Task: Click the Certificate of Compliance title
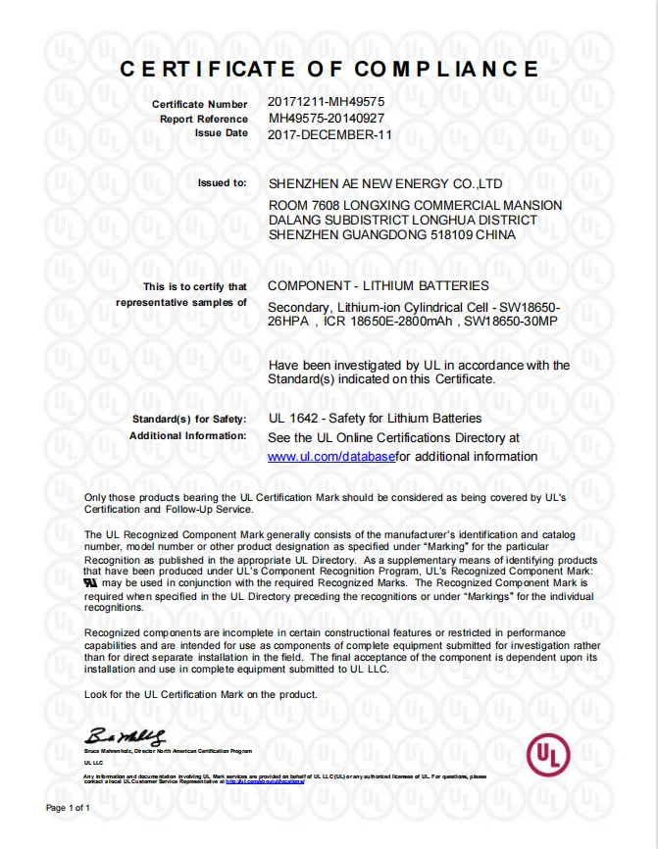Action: pos(329,69)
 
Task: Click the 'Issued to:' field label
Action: pos(223,182)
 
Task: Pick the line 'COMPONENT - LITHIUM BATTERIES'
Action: pos(378,285)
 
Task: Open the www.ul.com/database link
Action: pos(331,456)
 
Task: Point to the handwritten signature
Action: pos(126,736)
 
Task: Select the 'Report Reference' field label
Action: pos(204,119)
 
